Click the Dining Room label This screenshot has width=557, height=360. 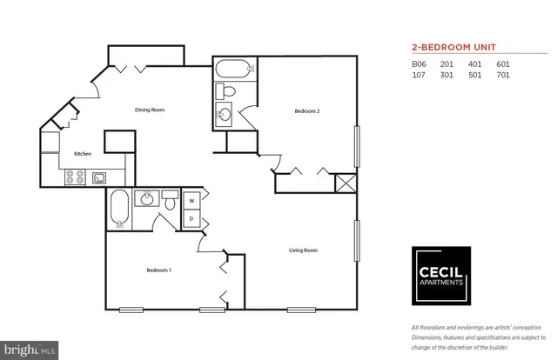150,110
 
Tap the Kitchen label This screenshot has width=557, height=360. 83,154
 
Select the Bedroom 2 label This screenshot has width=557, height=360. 307,110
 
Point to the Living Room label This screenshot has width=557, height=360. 304,250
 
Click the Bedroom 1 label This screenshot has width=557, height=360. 158,270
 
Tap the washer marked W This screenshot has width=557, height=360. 191,201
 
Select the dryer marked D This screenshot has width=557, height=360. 191,218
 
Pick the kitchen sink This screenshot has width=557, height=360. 100,178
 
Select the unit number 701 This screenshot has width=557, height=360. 502,75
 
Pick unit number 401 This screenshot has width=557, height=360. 475,63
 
